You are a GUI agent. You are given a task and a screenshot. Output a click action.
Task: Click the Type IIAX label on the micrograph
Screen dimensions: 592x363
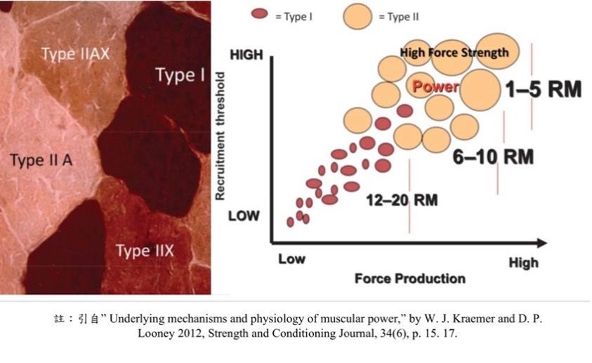[76, 53]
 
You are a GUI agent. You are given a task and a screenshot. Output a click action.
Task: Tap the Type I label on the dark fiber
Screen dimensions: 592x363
[180, 75]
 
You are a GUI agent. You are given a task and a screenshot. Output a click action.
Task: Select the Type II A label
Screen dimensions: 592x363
[41, 160]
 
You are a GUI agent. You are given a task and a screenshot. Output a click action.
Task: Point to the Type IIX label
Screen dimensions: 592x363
[145, 250]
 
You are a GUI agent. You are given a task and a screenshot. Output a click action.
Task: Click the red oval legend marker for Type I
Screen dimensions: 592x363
[259, 14]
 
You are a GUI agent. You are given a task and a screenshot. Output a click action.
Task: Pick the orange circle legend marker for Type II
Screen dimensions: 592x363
[357, 16]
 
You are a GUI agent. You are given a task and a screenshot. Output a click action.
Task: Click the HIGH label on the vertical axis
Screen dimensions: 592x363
[246, 55]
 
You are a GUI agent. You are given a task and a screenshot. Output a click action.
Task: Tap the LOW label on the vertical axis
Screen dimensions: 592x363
[244, 216]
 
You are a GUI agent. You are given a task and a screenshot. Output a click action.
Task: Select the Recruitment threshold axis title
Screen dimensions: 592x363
[220, 136]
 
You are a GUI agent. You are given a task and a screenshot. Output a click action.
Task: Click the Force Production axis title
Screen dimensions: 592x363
[410, 279]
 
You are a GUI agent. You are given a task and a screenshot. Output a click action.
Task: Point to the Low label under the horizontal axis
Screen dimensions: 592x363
[292, 259]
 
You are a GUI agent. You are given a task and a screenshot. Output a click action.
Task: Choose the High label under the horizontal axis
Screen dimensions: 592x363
[523, 263]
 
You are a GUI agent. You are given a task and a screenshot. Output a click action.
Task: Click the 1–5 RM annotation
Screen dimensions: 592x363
[544, 89]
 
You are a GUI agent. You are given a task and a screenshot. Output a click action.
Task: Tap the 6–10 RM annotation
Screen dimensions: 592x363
[493, 157]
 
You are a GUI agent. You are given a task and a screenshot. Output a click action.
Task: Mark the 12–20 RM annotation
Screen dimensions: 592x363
[402, 200]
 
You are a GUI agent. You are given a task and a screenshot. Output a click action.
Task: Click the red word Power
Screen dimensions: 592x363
[435, 87]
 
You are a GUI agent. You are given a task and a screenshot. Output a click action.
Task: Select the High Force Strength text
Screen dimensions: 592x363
[454, 52]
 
